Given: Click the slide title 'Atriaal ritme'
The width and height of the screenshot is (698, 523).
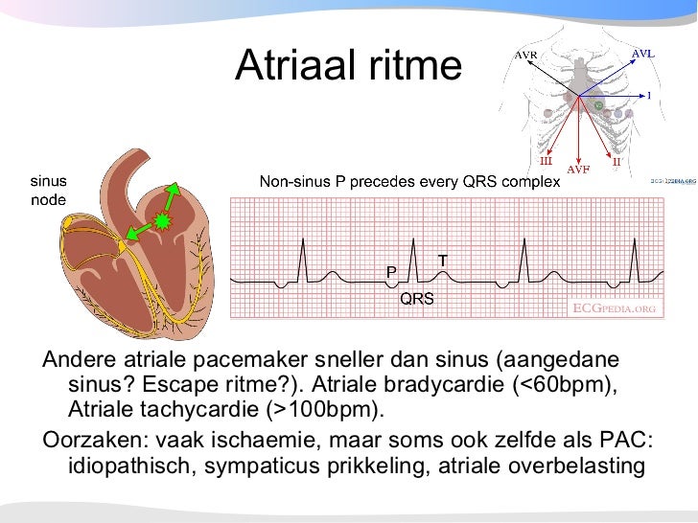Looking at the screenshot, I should point(348,65).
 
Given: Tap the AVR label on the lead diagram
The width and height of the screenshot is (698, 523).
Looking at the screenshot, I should point(525,56).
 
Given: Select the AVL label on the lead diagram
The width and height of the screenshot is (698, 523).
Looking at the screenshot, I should point(642,54).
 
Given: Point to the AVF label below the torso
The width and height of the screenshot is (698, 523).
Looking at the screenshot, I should point(578,170).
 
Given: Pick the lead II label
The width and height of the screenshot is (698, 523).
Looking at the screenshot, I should point(617,162).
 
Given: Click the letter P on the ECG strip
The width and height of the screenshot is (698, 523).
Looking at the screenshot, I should point(391,272).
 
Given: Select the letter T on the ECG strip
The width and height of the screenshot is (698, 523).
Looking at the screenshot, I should point(442,261).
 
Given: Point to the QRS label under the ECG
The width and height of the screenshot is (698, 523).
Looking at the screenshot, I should point(417,299).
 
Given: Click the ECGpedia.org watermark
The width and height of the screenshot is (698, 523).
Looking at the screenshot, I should point(614,308).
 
